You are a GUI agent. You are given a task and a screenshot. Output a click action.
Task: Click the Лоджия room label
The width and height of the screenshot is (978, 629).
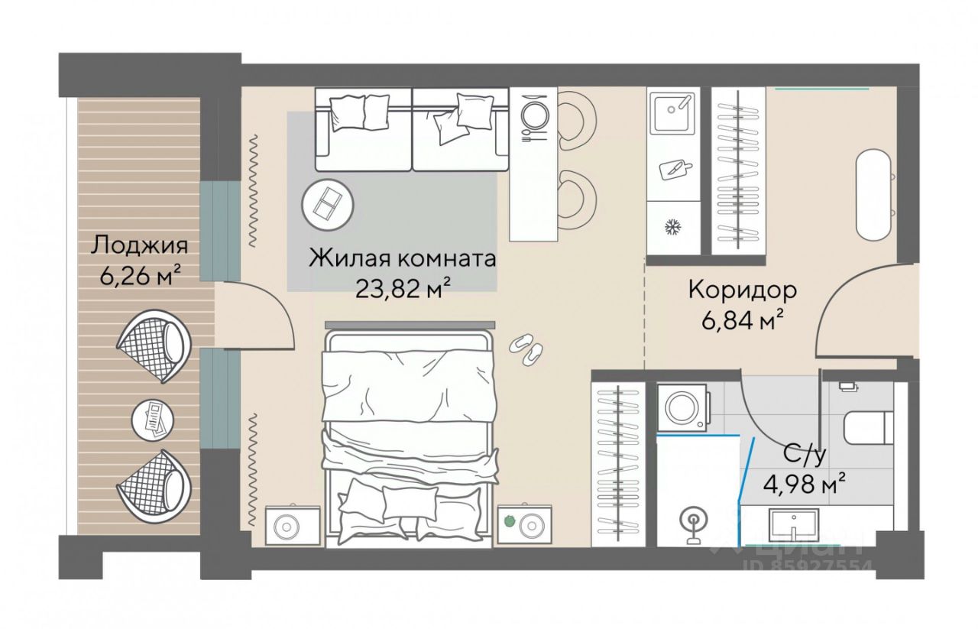tap(139, 246)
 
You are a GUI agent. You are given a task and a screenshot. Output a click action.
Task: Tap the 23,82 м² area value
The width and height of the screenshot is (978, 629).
tap(403, 287)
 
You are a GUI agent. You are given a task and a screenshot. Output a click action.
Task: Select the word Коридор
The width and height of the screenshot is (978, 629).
tap(742, 290)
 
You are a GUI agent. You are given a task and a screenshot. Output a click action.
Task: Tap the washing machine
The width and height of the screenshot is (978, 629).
tap(682, 407)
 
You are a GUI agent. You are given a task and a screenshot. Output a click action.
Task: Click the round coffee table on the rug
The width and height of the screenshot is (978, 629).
tap(328, 205)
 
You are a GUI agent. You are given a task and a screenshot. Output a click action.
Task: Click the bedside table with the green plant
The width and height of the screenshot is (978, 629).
tap(524, 524)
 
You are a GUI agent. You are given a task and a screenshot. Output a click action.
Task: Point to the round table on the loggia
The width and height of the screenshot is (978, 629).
tap(153, 420)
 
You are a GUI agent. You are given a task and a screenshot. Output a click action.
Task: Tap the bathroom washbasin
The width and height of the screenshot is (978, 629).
tap(793, 526)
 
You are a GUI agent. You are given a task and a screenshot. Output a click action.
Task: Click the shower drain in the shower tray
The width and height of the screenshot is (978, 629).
tap(693, 520)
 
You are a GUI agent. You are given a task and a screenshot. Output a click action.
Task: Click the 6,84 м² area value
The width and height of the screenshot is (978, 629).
tap(741, 322)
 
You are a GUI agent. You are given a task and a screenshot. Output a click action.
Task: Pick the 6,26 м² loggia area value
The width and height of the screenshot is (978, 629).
tap(141, 276)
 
